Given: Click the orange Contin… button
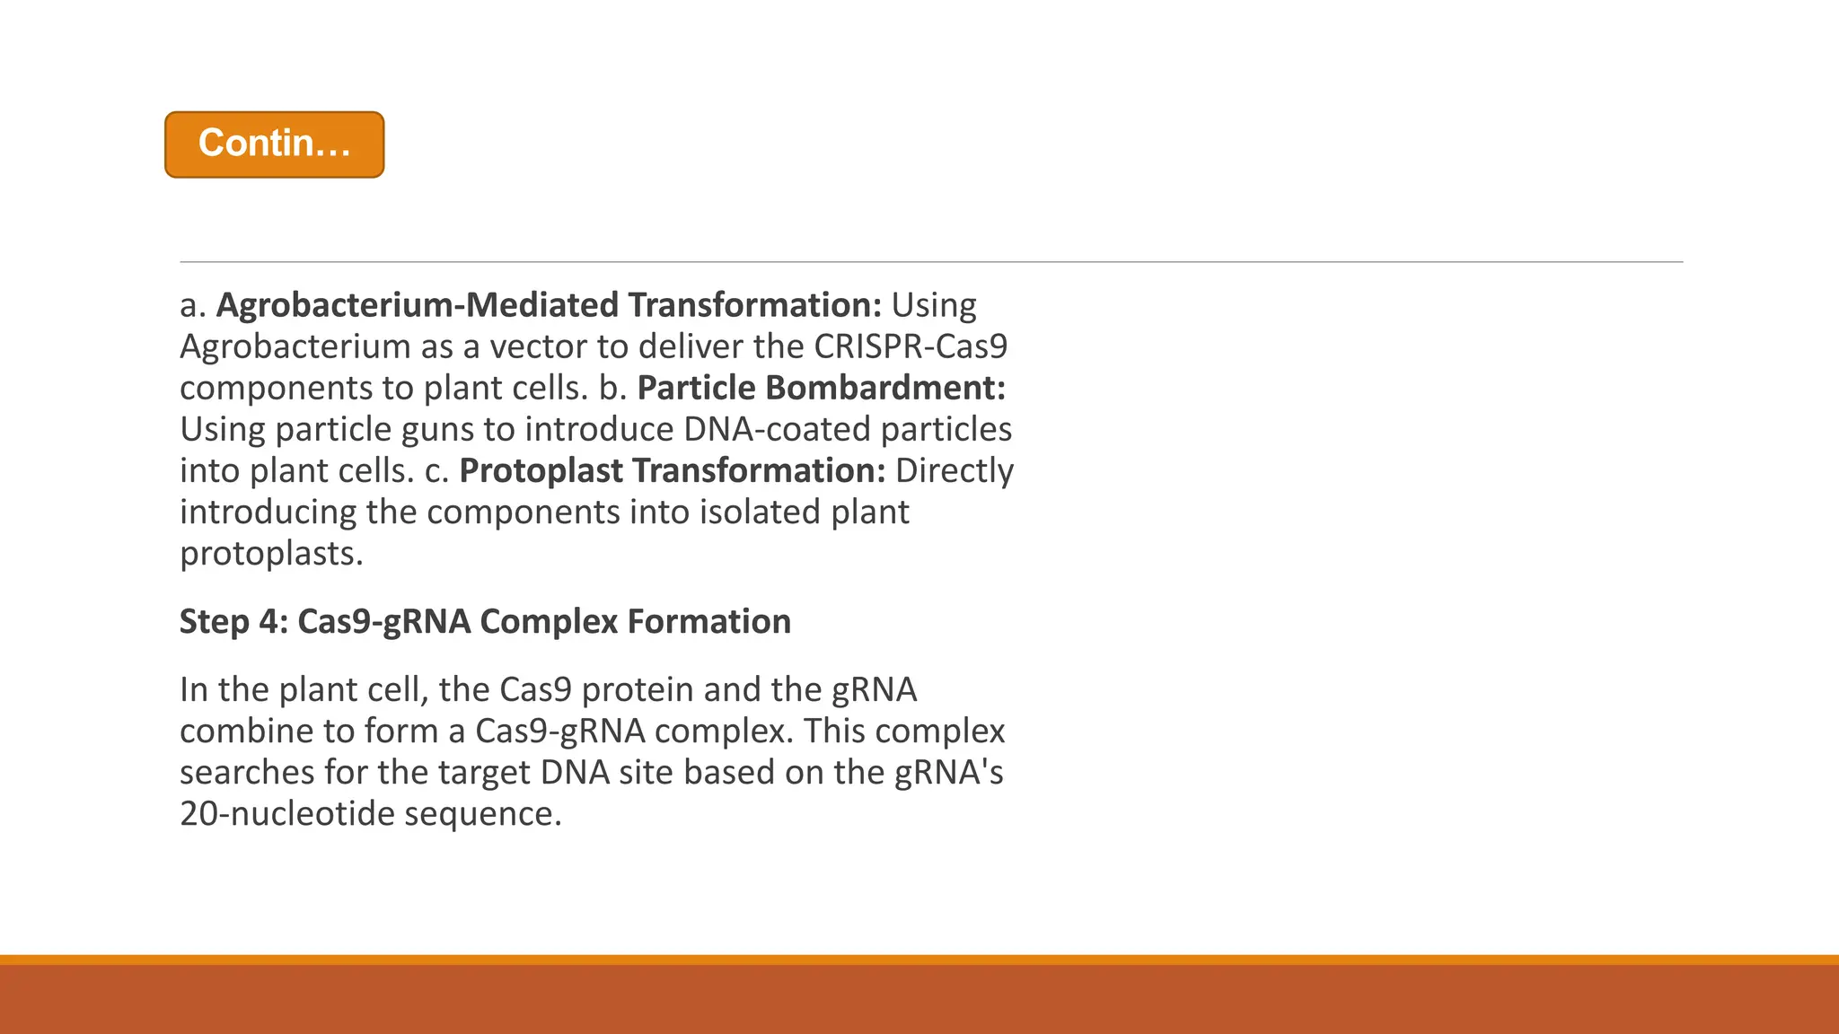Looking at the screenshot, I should (x=274, y=145).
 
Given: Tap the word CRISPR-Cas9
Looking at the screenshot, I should (x=911, y=346).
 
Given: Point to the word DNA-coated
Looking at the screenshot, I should (x=777, y=429).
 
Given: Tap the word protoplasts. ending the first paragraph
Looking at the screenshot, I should (x=271, y=554).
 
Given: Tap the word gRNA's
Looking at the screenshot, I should (x=949, y=772).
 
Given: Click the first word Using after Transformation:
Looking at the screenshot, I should (x=933, y=305).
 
